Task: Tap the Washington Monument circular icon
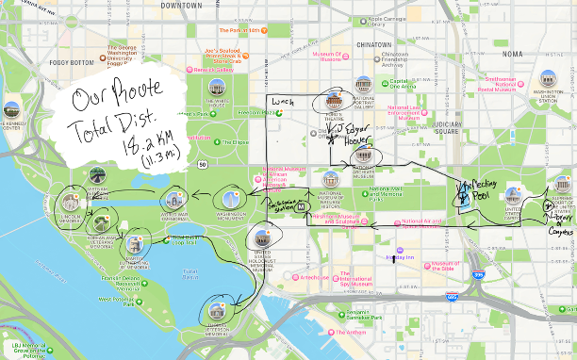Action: pos(231,199)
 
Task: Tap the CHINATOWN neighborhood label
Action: pos(373,43)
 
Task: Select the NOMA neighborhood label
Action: pos(512,54)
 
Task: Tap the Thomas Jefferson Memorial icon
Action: pos(218,309)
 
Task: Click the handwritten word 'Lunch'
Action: pos(282,99)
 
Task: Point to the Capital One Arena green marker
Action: pos(386,84)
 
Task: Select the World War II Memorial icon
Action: pos(173,200)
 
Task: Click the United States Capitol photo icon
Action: pos(513,197)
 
